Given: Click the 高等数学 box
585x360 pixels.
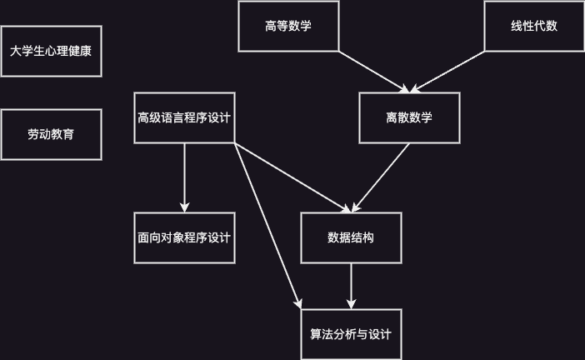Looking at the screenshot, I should tap(288, 26).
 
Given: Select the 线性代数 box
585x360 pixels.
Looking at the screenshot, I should tap(534, 26).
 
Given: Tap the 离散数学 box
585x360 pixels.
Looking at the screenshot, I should tap(409, 117).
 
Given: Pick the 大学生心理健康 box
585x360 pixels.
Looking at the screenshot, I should tap(51, 51).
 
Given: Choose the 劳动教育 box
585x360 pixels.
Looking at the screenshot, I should tap(51, 134).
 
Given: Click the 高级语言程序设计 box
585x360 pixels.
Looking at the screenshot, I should tap(184, 117).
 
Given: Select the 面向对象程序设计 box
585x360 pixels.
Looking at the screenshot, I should tap(184, 238).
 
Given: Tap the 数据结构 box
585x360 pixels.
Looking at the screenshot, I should tap(351, 238).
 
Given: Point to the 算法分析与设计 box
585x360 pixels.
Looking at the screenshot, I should tap(351, 334).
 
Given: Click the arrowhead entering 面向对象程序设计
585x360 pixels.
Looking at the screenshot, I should tap(184, 207).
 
